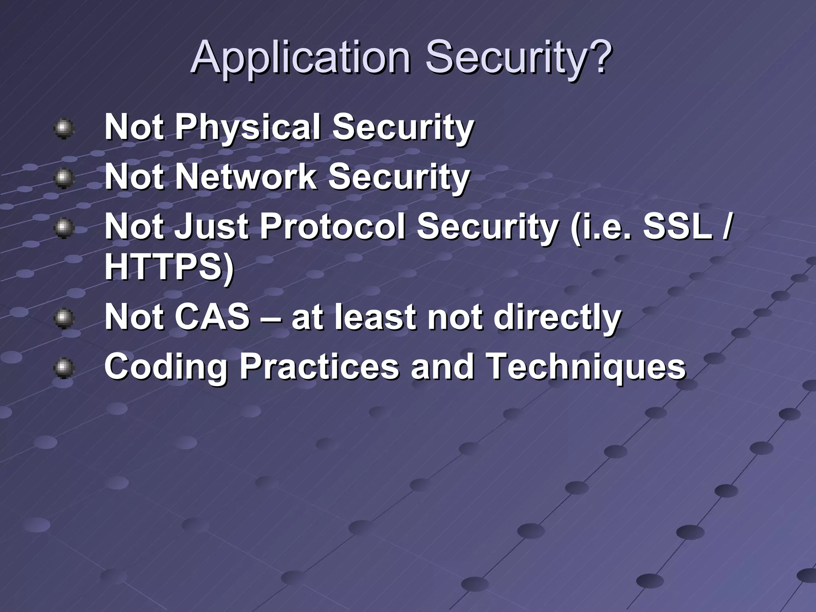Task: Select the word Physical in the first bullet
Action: [x=248, y=127]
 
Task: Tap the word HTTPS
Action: [x=165, y=267]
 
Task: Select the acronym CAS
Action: [x=212, y=317]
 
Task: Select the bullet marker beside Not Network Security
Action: [x=64, y=179]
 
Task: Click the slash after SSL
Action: [x=726, y=227]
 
